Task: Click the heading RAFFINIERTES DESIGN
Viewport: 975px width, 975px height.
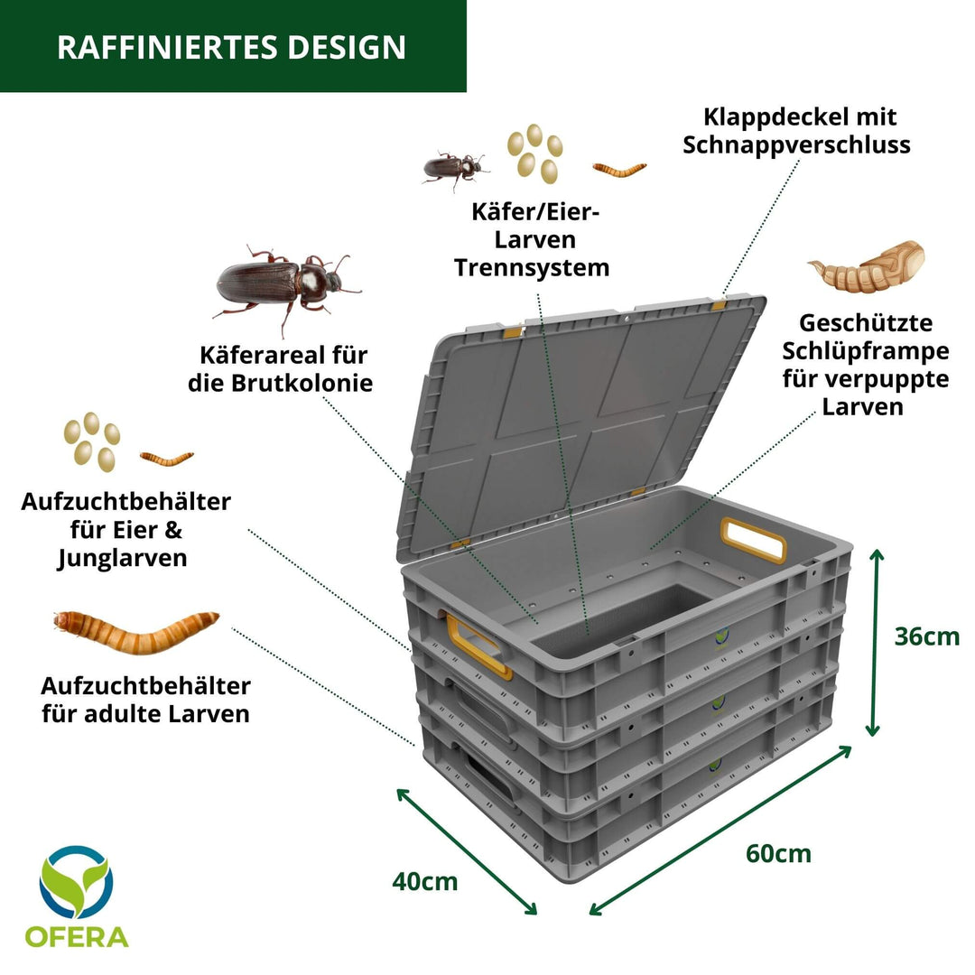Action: click(231, 47)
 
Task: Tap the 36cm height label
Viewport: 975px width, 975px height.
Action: click(926, 636)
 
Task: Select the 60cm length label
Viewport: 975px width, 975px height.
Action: click(778, 852)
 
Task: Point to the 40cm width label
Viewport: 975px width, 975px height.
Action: click(424, 881)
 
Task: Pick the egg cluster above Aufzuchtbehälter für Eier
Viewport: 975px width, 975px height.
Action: click(91, 441)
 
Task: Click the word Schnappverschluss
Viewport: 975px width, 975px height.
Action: click(796, 144)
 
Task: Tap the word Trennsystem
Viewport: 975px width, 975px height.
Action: click(531, 267)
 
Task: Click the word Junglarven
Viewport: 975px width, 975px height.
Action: click(123, 558)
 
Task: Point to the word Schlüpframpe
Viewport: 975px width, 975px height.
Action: click(865, 350)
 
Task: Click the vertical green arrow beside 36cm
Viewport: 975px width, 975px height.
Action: click(874, 642)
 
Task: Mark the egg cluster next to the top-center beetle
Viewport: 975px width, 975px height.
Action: click(534, 152)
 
